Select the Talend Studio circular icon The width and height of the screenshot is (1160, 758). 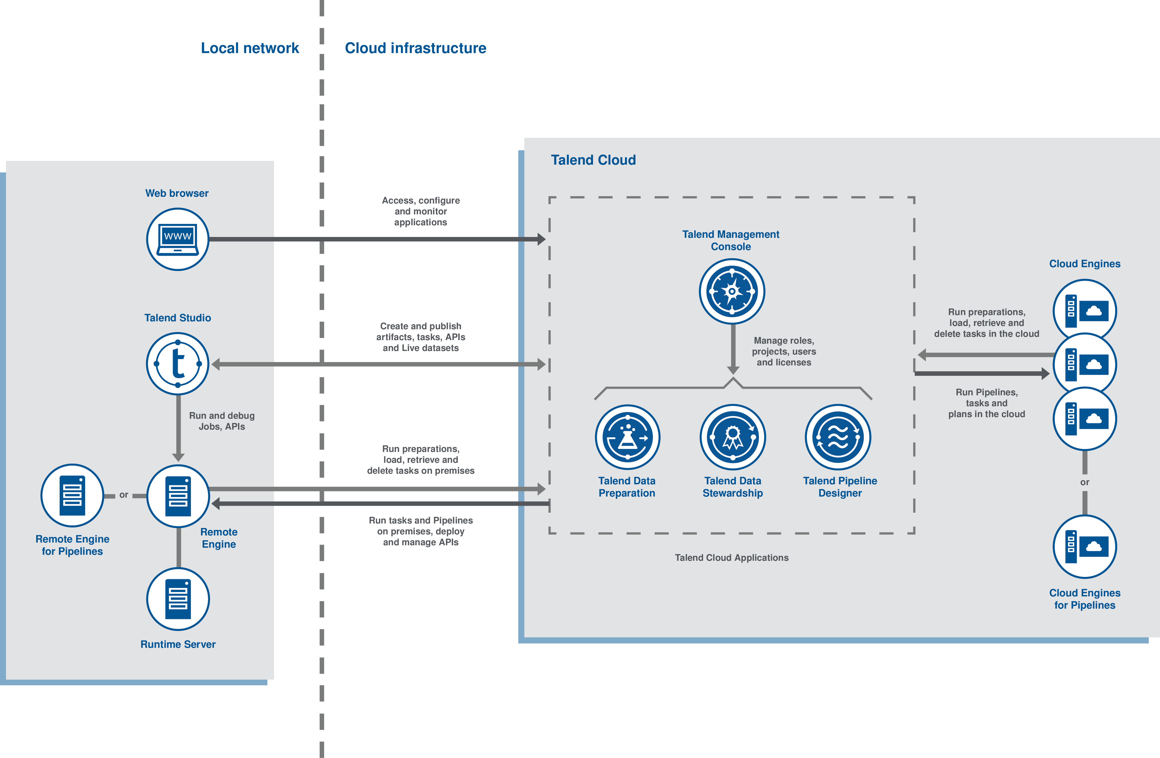click(x=178, y=364)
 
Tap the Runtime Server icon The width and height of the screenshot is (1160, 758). click(x=178, y=599)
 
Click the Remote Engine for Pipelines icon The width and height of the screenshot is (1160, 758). click(x=72, y=495)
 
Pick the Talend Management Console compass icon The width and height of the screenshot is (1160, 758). click(x=732, y=291)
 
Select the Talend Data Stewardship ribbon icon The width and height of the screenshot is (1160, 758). click(x=732, y=437)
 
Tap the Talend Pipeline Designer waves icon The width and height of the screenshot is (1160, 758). click(x=838, y=437)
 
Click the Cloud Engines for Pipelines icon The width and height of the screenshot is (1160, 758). click(x=1084, y=546)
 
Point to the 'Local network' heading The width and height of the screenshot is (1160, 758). click(x=250, y=48)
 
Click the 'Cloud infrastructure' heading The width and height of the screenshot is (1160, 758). click(x=415, y=48)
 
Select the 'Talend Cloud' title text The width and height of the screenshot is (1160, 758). click(x=593, y=160)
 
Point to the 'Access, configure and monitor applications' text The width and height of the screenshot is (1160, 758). click(x=421, y=211)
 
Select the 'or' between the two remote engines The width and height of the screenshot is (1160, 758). click(x=124, y=495)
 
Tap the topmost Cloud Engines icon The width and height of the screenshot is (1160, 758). click(x=1084, y=310)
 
